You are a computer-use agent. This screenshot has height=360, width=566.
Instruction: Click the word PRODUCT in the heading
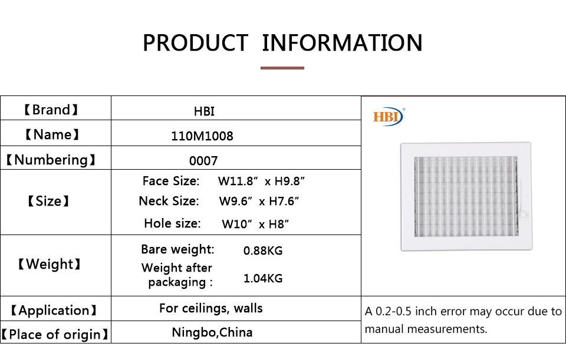coord(195,43)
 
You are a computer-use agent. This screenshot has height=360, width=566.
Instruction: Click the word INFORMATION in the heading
coord(342,43)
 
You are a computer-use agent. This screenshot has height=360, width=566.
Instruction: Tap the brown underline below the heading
coord(282,68)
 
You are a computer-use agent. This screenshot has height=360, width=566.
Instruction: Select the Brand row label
coord(51,110)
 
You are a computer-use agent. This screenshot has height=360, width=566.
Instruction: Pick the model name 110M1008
coord(202,136)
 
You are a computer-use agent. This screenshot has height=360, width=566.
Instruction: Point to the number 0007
coord(203,160)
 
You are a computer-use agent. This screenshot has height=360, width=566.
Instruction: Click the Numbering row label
coord(51,160)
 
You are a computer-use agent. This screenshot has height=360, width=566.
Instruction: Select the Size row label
coord(49,201)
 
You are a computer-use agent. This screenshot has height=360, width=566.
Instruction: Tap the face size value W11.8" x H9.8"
coord(261,181)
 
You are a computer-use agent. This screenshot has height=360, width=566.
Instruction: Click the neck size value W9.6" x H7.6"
coord(259,201)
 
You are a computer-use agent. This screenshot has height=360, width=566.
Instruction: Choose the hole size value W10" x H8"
coord(255,224)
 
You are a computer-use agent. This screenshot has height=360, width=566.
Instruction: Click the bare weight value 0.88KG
coord(263,250)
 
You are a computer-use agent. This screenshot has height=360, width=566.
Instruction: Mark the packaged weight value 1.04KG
coord(263,278)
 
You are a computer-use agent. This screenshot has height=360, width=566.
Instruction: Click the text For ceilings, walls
coord(211,308)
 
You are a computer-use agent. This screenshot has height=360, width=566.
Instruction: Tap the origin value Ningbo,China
coord(212,332)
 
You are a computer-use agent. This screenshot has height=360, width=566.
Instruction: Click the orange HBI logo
coord(389,117)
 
